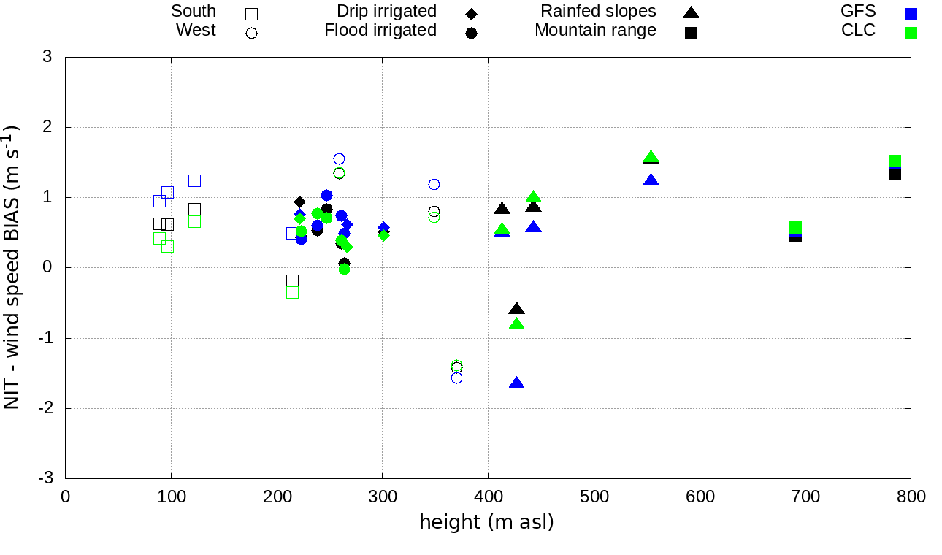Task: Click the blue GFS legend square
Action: tap(910, 13)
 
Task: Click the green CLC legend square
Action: tap(910, 33)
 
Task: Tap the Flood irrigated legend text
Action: tap(380, 31)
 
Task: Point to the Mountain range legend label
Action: tap(595, 31)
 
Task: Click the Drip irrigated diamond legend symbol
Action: tap(471, 14)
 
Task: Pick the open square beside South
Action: tap(252, 14)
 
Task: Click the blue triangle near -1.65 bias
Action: tap(517, 383)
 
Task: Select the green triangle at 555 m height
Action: tap(651, 157)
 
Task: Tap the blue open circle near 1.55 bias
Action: tap(339, 159)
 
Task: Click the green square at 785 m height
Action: tap(895, 161)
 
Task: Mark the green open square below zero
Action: tap(293, 292)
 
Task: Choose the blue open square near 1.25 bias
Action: tap(194, 180)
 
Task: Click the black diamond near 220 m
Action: tap(299, 202)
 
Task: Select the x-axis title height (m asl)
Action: tap(486, 523)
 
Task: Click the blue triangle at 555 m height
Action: tap(651, 180)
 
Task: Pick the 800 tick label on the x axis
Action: tap(911, 497)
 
